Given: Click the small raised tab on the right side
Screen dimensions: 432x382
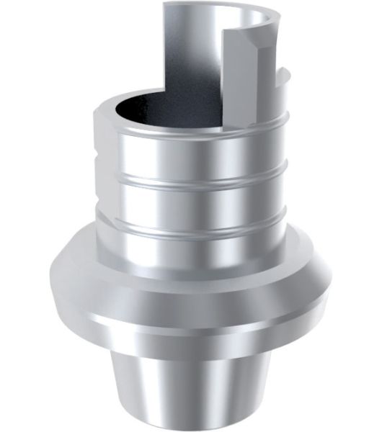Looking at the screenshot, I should point(283,79).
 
